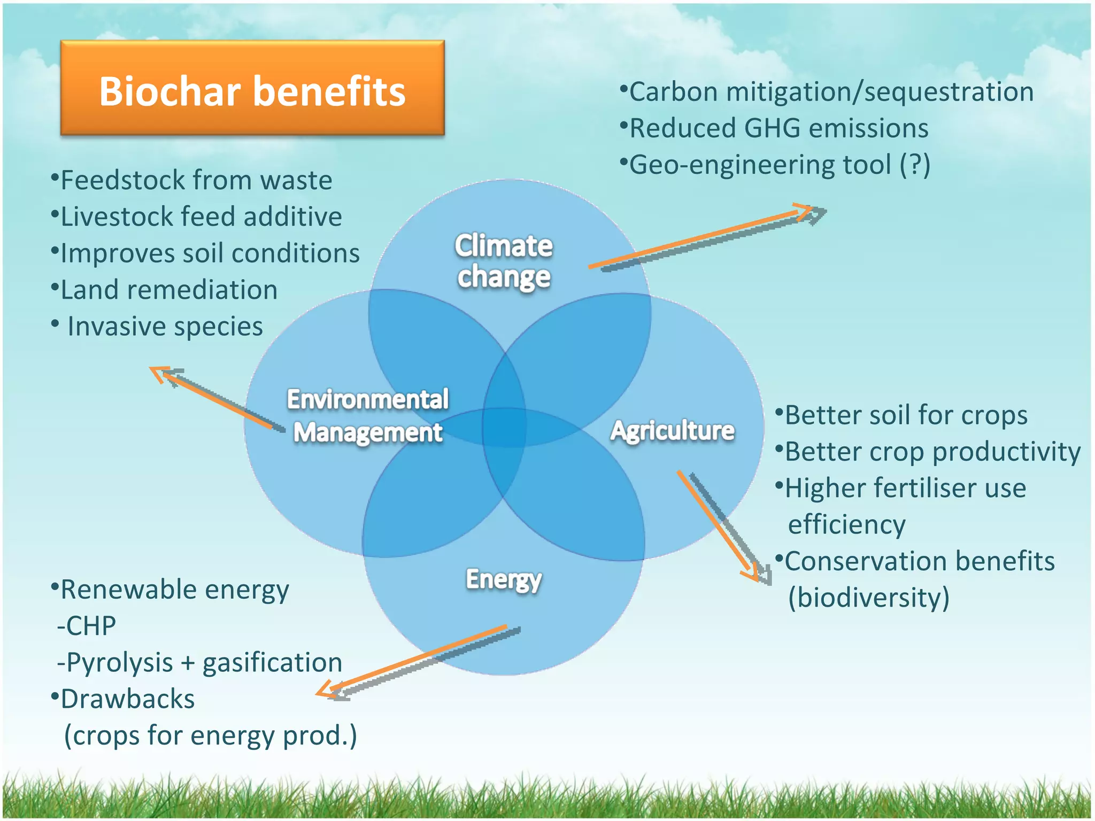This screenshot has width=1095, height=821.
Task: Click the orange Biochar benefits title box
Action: pyautogui.click(x=252, y=88)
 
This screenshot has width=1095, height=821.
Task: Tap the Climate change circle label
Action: pyautogui.click(x=504, y=261)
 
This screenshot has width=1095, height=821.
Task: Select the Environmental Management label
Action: pyautogui.click(x=368, y=415)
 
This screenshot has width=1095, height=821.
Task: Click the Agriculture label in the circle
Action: pyautogui.click(x=672, y=430)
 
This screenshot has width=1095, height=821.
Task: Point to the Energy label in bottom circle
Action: pyautogui.click(x=504, y=579)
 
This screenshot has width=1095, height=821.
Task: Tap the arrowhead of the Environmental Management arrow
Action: pyautogui.click(x=160, y=373)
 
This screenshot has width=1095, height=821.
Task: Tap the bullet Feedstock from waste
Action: pyautogui.click(x=196, y=180)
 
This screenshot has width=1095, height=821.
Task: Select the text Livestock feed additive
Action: pyautogui.click(x=201, y=216)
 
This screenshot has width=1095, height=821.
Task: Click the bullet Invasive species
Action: pyautogui.click(x=165, y=326)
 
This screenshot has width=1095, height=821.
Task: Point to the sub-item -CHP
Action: pyautogui.click(x=87, y=625)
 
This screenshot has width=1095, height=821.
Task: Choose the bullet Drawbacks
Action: pyautogui.click(x=127, y=699)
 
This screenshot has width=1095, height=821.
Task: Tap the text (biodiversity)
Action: pyautogui.click(x=868, y=597)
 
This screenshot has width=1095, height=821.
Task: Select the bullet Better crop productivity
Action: pyautogui.click(x=932, y=451)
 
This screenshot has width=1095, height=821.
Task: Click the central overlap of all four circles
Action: pyautogui.click(x=504, y=427)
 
